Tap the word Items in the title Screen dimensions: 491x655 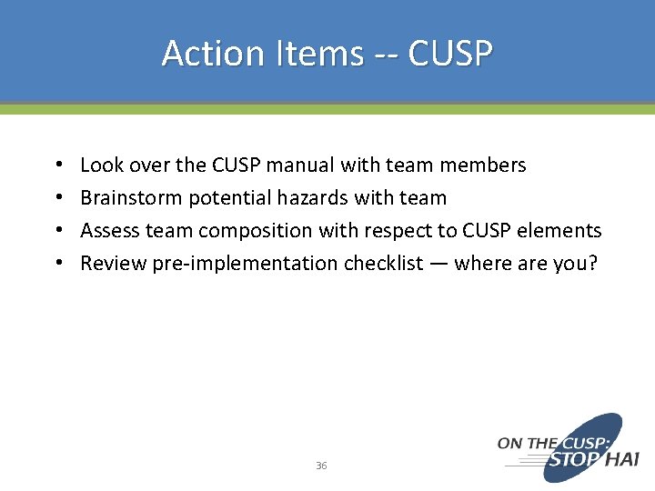(311, 54)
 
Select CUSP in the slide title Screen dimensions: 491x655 (450, 54)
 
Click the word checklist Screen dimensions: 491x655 (383, 264)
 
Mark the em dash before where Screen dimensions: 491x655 (438, 264)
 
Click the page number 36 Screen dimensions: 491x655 (321, 466)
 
